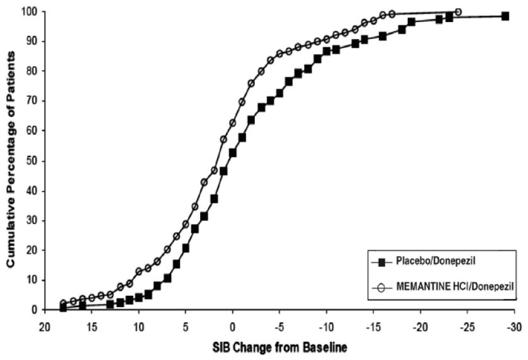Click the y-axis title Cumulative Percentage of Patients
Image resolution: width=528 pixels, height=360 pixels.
(x=11, y=160)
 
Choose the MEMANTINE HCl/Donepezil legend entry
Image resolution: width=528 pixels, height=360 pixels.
(x=441, y=287)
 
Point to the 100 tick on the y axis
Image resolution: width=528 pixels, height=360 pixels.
(x=28, y=11)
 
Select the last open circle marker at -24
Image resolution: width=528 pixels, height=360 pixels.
(x=458, y=12)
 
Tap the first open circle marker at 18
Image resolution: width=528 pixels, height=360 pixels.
(x=63, y=303)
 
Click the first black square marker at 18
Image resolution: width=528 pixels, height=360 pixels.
(x=63, y=308)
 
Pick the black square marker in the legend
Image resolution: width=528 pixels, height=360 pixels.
(x=381, y=260)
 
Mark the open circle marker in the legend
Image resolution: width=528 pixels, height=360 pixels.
(x=381, y=287)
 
